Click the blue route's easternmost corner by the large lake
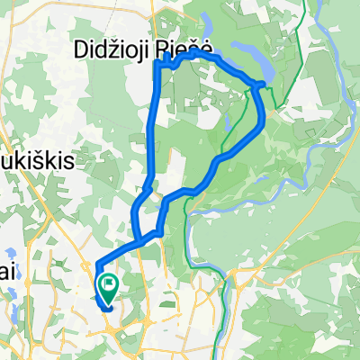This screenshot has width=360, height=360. point(262,85)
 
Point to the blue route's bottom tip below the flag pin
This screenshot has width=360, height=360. point(107,310)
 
